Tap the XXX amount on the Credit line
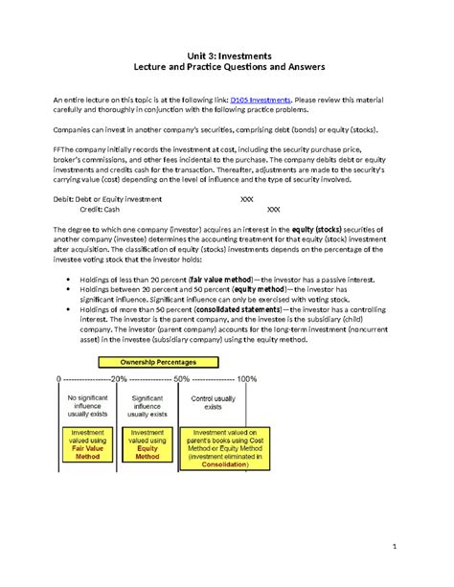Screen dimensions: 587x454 273,208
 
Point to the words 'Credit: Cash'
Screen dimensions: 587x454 99,208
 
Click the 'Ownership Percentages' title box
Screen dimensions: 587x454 157,362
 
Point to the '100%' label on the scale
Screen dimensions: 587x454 246,377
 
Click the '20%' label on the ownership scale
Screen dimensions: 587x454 119,377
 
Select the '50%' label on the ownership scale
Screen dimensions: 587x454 182,377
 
